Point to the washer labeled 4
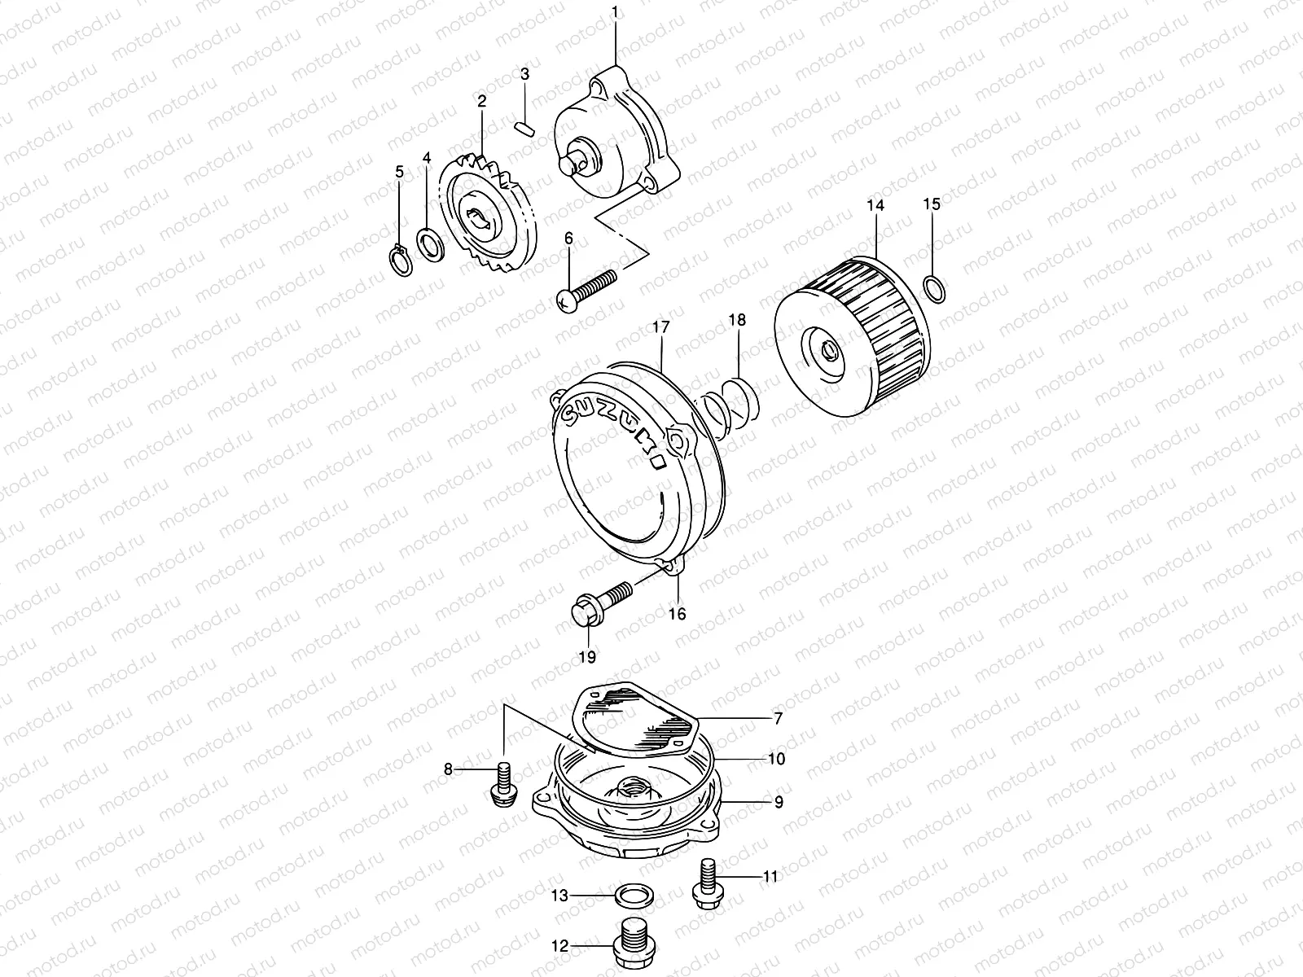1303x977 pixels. pos(429,241)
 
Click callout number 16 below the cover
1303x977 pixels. pos(678,614)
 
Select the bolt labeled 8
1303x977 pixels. pos(502,782)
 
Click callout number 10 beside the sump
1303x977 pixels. pos(776,759)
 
